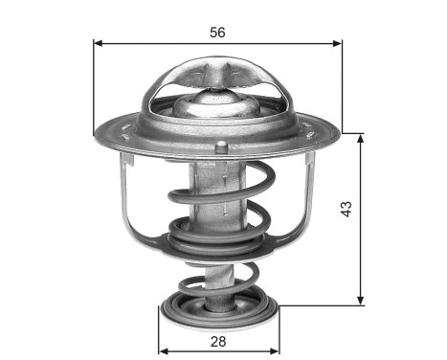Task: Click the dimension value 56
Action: (217, 32)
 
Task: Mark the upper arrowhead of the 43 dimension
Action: (361, 137)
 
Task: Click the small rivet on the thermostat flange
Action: (222, 146)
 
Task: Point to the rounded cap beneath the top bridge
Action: (217, 101)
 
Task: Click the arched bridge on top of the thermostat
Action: (217, 72)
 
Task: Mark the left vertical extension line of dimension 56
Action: (94, 86)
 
